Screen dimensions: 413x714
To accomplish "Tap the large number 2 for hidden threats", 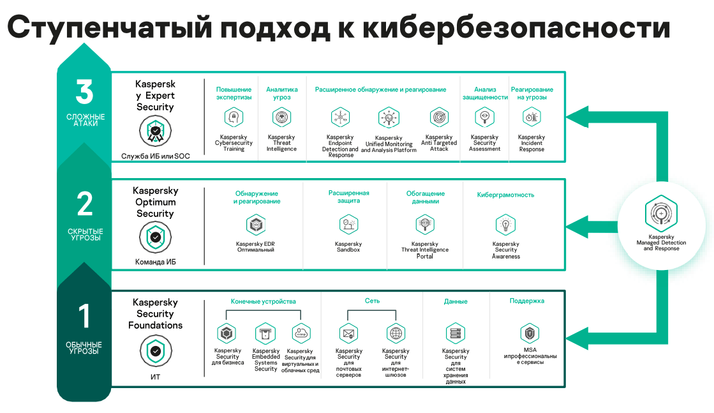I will coord(84,205).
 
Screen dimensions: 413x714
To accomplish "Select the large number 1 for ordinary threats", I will coord(84,316).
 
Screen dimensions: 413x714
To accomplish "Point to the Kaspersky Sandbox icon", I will coord(348,225).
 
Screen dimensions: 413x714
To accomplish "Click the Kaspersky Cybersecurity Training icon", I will coord(234,117).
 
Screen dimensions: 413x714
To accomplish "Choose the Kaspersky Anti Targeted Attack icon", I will coord(439,117).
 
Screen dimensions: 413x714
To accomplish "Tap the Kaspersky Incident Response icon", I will coord(532,117).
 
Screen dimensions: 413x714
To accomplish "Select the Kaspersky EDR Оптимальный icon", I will coord(255,225).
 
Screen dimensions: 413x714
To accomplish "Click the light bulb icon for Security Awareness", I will coord(505,225).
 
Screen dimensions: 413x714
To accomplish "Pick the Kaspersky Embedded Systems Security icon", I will coord(265,333).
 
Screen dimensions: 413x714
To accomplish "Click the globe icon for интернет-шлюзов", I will coord(396,333).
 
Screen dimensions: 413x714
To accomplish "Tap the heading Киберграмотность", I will coord(505,195).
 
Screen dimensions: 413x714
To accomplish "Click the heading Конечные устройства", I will coord(263,301).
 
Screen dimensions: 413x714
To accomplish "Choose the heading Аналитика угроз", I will coord(281,94).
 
